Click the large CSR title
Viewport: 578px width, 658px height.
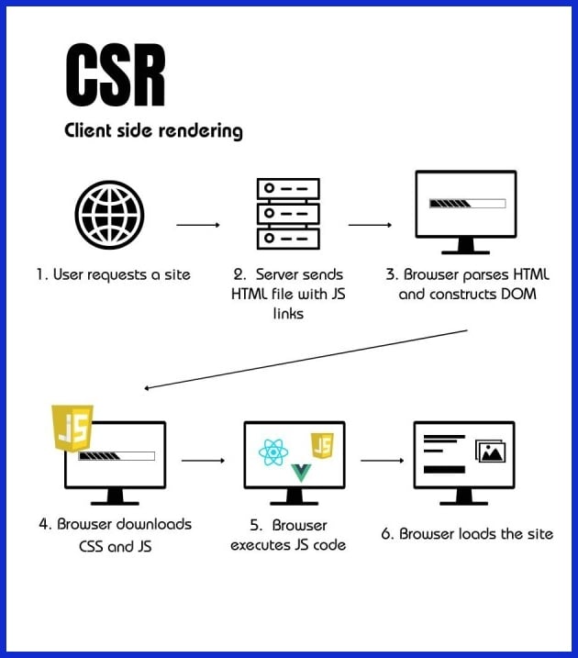click(x=116, y=75)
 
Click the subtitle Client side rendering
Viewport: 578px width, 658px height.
click(x=153, y=130)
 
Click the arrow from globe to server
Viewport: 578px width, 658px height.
click(x=198, y=224)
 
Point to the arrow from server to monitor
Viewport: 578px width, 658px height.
click(x=370, y=224)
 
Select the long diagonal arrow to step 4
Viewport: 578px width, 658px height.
click(x=306, y=359)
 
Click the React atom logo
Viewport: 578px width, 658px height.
click(x=274, y=452)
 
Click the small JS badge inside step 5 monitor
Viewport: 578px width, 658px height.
click(x=322, y=446)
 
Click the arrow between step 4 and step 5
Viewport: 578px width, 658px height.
click(x=204, y=460)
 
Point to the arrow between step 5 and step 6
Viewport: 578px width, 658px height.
click(x=382, y=460)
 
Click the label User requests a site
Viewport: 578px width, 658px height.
click(x=114, y=274)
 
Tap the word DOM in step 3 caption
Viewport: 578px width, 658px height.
click(x=518, y=295)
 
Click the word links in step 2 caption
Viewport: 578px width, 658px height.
click(x=287, y=315)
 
